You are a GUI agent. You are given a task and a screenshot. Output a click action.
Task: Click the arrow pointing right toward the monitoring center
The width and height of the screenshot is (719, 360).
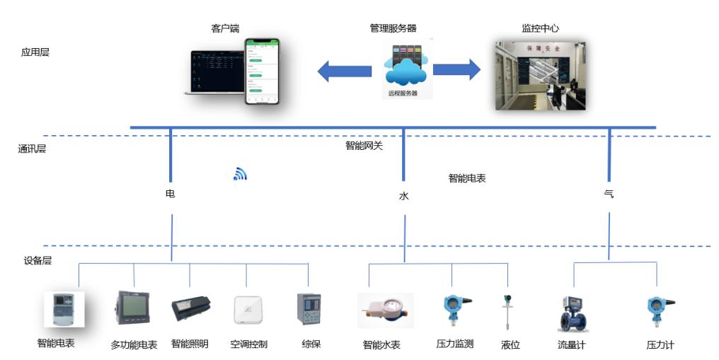coord(456,69)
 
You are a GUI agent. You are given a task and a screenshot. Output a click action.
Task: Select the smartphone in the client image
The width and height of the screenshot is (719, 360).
coord(261,71)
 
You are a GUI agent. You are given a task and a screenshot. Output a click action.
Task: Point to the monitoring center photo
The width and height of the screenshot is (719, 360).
coord(539,75)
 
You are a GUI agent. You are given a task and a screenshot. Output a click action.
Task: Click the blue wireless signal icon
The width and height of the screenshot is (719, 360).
coord(241,174)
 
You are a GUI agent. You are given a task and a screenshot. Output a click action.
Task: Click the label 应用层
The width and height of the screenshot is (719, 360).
coord(35,52)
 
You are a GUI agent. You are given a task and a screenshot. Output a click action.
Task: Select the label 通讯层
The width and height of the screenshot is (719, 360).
coord(32,149)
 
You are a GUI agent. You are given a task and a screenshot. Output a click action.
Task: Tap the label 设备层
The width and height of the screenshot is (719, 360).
coord(38,260)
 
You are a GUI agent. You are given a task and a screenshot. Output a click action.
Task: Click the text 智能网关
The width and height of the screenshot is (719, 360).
coord(364,146)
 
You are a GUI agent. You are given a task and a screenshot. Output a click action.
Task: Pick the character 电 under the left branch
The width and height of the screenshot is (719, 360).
coord(170,193)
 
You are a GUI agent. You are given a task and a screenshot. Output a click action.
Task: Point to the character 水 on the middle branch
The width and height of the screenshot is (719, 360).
coord(403,197)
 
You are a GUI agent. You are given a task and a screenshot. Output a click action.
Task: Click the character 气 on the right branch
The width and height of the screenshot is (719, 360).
coord(609,193)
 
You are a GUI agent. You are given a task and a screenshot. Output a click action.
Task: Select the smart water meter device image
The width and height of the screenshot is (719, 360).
coord(386,311)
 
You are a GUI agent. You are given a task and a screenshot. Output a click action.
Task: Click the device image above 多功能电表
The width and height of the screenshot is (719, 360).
coord(132,308)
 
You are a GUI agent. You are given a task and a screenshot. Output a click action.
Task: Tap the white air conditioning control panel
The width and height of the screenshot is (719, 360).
coord(248,310)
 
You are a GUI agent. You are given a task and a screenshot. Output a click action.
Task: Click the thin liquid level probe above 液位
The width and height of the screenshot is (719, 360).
coord(507,313)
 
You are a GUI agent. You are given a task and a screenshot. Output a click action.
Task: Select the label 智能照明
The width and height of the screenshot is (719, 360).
coord(190,344)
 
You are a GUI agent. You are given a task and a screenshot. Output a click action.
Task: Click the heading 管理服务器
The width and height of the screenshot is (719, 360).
coord(393,28)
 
